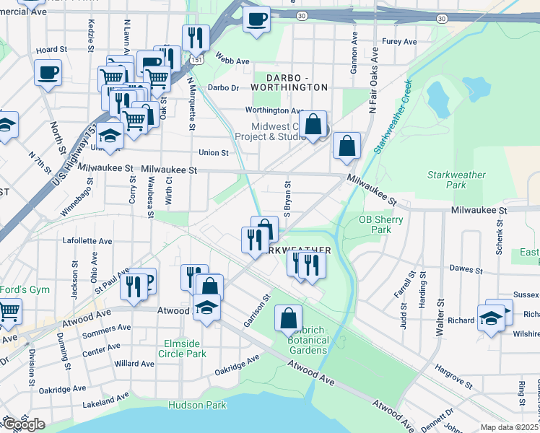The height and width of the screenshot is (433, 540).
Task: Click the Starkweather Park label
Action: [456, 180]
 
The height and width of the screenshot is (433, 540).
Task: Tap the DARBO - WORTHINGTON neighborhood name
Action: [287, 87]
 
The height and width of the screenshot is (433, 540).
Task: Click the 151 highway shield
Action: [196, 59]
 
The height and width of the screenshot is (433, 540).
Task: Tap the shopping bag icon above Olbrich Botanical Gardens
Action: [288, 317]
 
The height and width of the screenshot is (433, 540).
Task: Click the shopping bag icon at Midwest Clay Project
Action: [313, 123]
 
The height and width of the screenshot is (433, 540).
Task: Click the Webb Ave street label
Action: [214, 61]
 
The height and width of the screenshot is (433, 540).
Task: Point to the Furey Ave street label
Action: [400, 42]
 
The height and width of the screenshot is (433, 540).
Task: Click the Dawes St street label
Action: [466, 269]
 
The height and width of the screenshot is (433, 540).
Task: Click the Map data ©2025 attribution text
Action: [509, 427]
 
